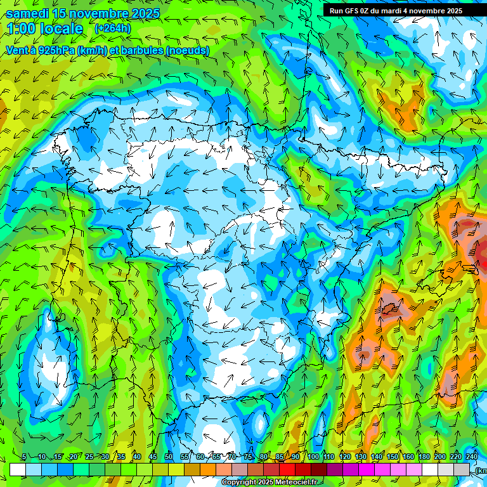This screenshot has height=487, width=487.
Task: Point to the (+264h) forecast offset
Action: pos(114,29)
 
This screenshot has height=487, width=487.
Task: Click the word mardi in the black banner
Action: pos(397,11)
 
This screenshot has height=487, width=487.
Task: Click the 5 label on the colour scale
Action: pos(23,457)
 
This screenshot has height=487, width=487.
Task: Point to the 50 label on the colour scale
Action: pos(169,457)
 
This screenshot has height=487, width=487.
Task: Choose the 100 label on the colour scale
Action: pos(313,457)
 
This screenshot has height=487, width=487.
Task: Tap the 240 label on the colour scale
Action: pos(471,457)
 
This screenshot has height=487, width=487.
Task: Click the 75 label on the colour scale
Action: pos(248,457)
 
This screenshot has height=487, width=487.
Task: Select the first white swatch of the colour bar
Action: pos(18,469)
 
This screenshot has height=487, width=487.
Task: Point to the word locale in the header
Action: pos(61,29)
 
